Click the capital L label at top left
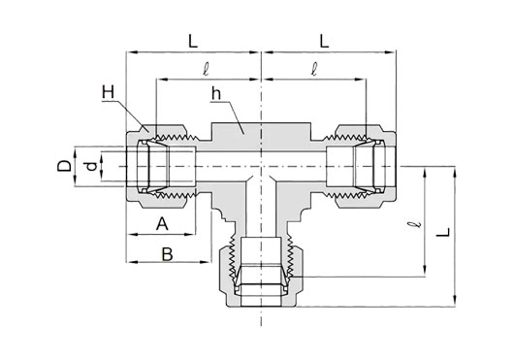click(x=193, y=42)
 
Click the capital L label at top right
click(x=324, y=42)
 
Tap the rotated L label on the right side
click(x=443, y=232)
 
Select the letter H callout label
click(x=108, y=92)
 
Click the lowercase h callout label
click(x=216, y=94)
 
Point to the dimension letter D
click(x=65, y=166)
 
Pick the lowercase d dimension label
click(x=92, y=167)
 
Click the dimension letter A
click(x=162, y=223)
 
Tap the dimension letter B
click(x=167, y=254)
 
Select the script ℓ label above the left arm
click(x=206, y=69)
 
